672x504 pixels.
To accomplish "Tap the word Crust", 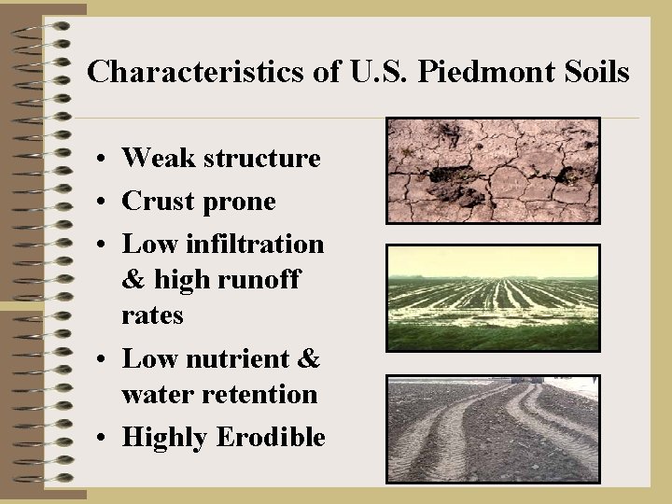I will (159, 202).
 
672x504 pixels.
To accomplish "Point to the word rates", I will (152, 316).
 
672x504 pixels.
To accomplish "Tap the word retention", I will (264, 395).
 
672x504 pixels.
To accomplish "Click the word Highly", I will (163, 438).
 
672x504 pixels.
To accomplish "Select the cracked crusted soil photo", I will (493, 170).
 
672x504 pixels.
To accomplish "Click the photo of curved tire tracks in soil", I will (493, 428).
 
